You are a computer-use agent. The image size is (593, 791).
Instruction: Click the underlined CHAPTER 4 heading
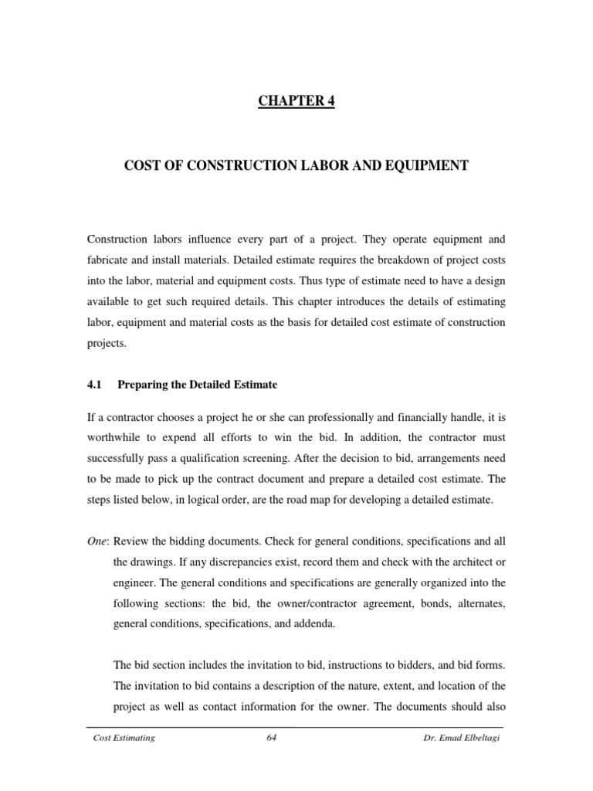[x=296, y=102]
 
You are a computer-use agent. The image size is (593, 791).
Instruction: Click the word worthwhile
[x=114, y=439]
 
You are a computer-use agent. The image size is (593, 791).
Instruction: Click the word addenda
[x=313, y=621]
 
